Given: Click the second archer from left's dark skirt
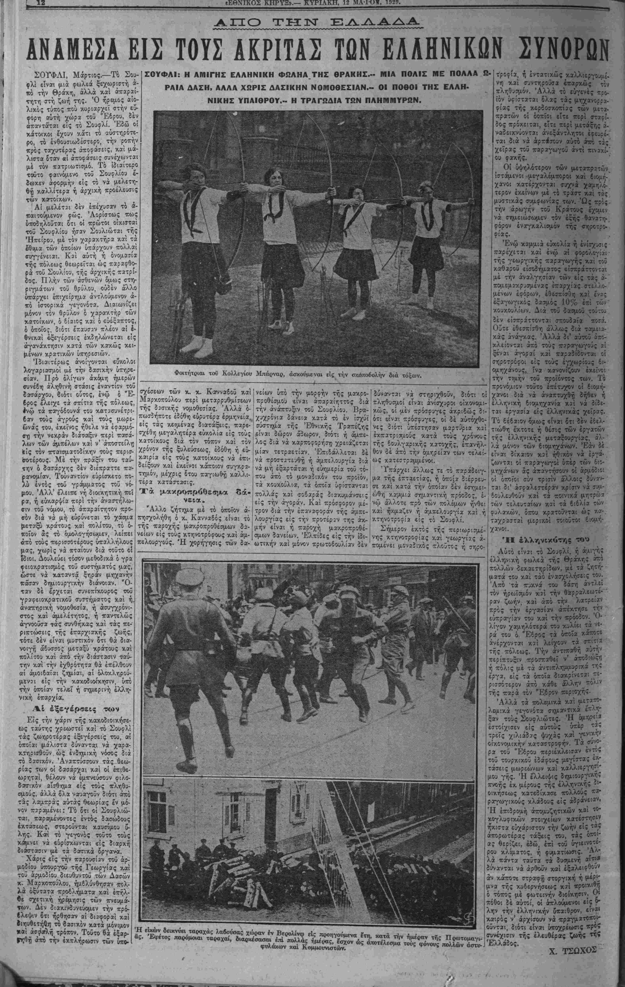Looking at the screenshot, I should coord(281,262).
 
